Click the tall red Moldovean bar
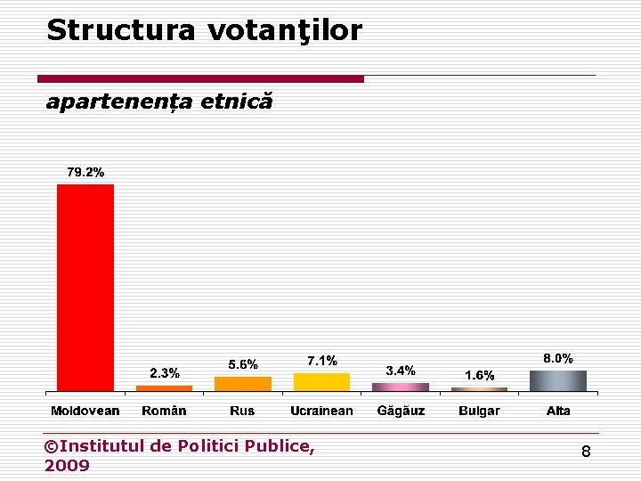pos(85,287)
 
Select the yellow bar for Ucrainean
pos(321,382)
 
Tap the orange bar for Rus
pos(243,384)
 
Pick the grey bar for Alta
pos(558,380)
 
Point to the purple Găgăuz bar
pos(401,387)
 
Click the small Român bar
pos(164,388)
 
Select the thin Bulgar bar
pos(479,389)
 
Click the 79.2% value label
pos(85,173)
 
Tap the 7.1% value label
pos(322,361)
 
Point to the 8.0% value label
pos(558,358)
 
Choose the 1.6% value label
pos(480,375)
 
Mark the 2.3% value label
pos(164,372)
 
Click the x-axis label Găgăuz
pos(401,411)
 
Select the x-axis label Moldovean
pos(85,411)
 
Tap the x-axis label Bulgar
pos(479,411)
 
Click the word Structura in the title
pos(120,30)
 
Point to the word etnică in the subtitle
pos(237,102)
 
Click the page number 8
pos(586,452)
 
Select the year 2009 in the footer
pos(67,465)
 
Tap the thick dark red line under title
pos(206,78)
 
